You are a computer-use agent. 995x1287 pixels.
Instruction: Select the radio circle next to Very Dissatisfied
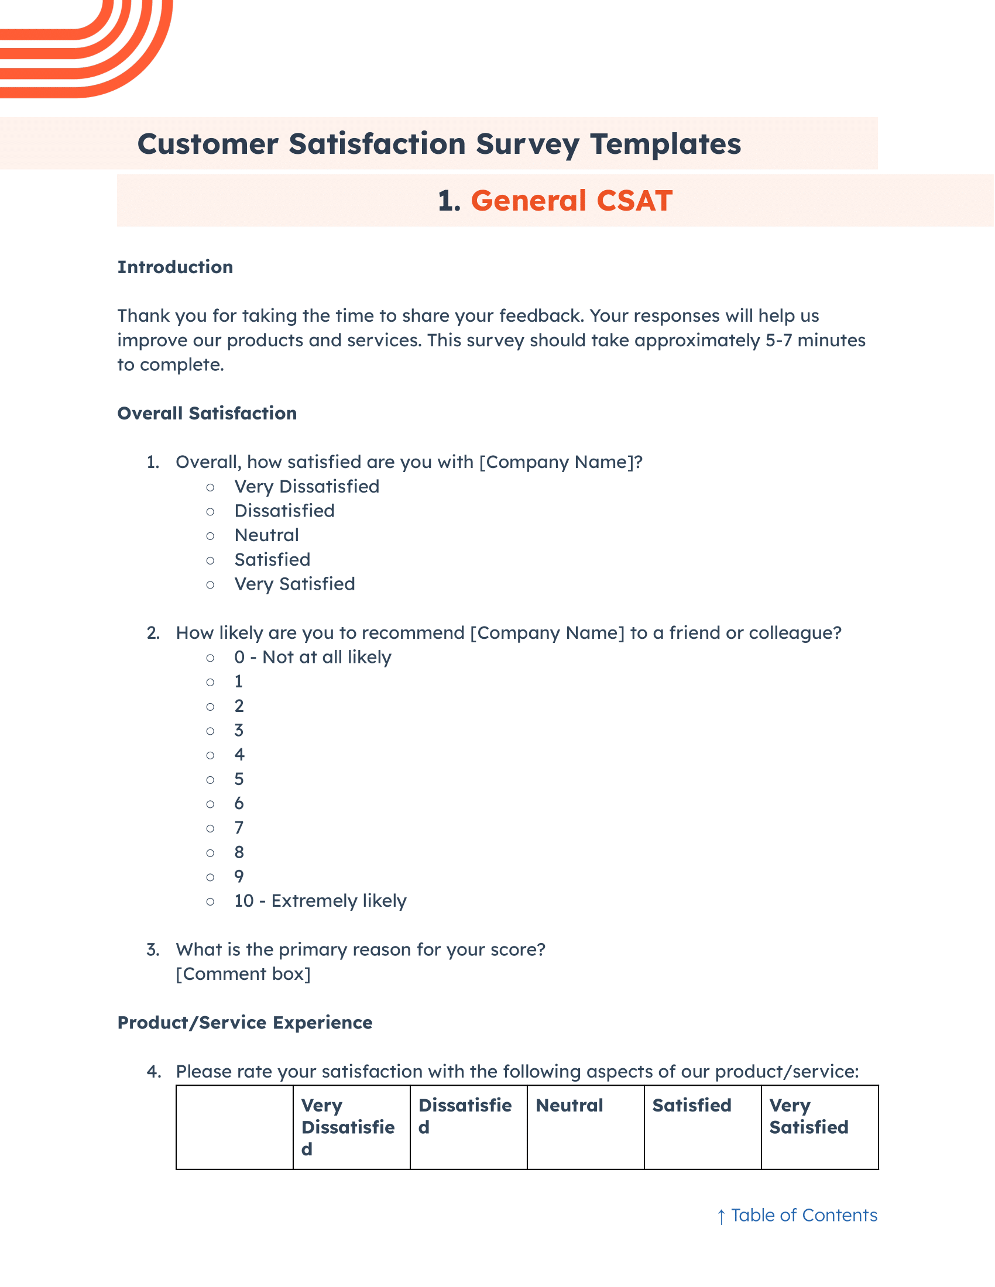pos(211,487)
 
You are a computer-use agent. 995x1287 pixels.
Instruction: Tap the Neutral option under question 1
pos(266,535)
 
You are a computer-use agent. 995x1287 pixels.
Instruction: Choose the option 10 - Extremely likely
pos(320,901)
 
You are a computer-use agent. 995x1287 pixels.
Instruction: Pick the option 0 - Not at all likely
pos(313,657)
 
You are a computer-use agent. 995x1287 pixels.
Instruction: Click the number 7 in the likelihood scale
pos(239,828)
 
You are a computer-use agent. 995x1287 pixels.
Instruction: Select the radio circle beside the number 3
pos(211,731)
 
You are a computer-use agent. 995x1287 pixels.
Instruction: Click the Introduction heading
pos(175,267)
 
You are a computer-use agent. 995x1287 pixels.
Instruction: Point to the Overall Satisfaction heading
pos(207,413)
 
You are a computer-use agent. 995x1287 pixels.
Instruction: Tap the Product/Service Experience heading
pos(245,1023)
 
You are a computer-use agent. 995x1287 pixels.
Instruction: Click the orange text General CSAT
pos(571,201)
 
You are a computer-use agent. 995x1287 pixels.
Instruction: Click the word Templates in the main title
pos(665,144)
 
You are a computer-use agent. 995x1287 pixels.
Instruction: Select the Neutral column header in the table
pos(569,1106)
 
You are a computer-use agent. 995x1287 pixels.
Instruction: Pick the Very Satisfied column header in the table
pos(808,1116)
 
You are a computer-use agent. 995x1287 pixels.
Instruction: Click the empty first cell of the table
pos(235,1127)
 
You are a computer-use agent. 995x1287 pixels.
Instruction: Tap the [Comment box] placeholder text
pos(243,974)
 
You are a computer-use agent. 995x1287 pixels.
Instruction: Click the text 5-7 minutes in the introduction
pos(815,340)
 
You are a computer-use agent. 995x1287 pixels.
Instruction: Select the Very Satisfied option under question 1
pos(295,584)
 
